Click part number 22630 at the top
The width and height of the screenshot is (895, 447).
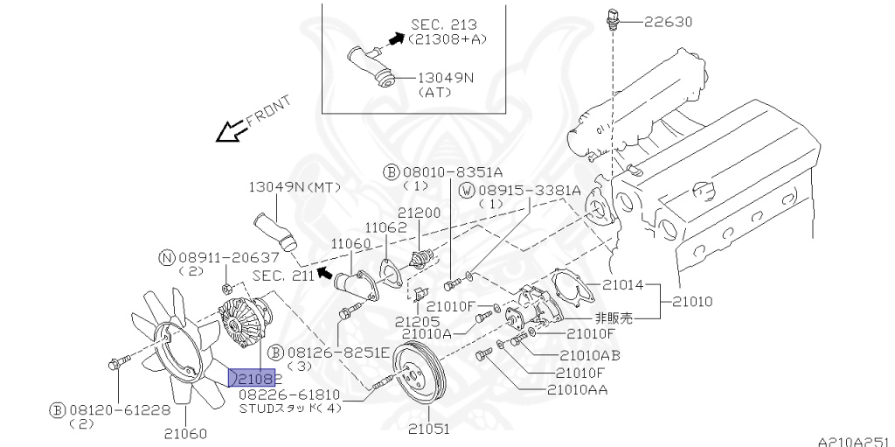[670, 21]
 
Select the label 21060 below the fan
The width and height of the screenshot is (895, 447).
[185, 432]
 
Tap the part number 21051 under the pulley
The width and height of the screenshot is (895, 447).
[428, 429]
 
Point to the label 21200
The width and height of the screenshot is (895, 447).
[420, 213]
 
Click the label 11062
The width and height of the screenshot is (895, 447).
[386, 227]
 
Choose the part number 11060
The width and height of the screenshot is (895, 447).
[351, 241]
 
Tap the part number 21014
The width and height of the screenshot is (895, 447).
[621, 284]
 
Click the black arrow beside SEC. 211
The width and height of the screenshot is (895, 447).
[324, 273]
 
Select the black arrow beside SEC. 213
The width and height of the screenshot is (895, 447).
[396, 38]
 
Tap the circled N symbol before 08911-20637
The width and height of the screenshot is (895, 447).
[166, 257]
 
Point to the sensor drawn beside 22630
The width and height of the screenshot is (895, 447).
[613, 17]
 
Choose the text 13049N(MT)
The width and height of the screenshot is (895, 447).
[294, 187]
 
